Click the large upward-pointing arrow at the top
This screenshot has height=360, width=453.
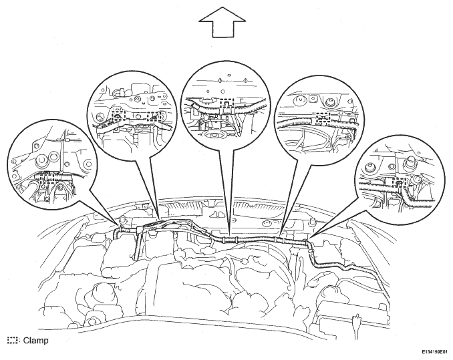(222, 23)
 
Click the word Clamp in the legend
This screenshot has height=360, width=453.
(36, 341)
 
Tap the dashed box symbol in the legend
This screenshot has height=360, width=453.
(12, 341)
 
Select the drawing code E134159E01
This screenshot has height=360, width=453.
(434, 352)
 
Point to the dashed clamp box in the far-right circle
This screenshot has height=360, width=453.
(400, 183)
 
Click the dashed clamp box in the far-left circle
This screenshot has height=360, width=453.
(48, 177)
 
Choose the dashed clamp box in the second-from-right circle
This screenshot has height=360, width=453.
(323, 118)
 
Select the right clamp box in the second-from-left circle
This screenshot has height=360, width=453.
(154, 116)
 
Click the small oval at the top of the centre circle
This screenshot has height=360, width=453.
(229, 76)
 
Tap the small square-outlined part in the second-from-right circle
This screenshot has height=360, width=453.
(312, 100)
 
